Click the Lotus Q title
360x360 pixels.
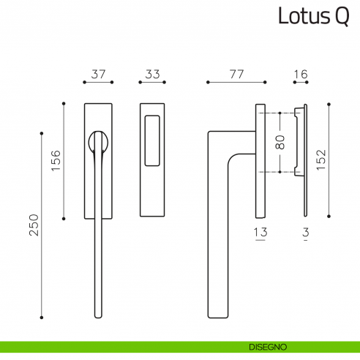[x=314, y=16]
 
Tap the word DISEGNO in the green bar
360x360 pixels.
[x=268, y=347]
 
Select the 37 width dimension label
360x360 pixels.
[x=98, y=74]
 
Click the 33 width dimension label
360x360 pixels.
[x=152, y=74]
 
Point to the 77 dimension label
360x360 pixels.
[x=236, y=74]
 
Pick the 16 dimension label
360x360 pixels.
[x=301, y=74]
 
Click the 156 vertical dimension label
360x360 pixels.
[x=56, y=160]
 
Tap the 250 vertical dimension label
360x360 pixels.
[x=34, y=225]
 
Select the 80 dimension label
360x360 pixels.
[x=280, y=142]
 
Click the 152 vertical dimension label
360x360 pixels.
[x=321, y=160]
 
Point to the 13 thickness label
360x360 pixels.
[x=260, y=232]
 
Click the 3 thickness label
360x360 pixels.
[x=306, y=232]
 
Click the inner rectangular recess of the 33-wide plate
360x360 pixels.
[x=152, y=140]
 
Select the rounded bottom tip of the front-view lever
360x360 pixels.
[x=98, y=317]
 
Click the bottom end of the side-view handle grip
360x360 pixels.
[x=218, y=316]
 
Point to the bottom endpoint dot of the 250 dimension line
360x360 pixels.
[x=42, y=318]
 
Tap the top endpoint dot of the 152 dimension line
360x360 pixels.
[x=329, y=105]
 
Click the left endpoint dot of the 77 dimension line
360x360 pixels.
[x=208, y=82]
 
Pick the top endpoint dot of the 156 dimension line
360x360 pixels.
[x=64, y=104]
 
